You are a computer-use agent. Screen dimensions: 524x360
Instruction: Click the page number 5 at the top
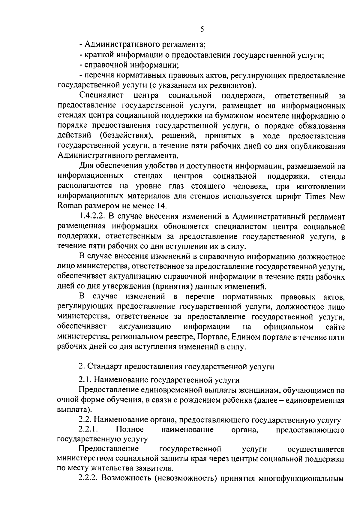coord(202,29)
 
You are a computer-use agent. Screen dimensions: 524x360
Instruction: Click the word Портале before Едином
coord(213,337)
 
